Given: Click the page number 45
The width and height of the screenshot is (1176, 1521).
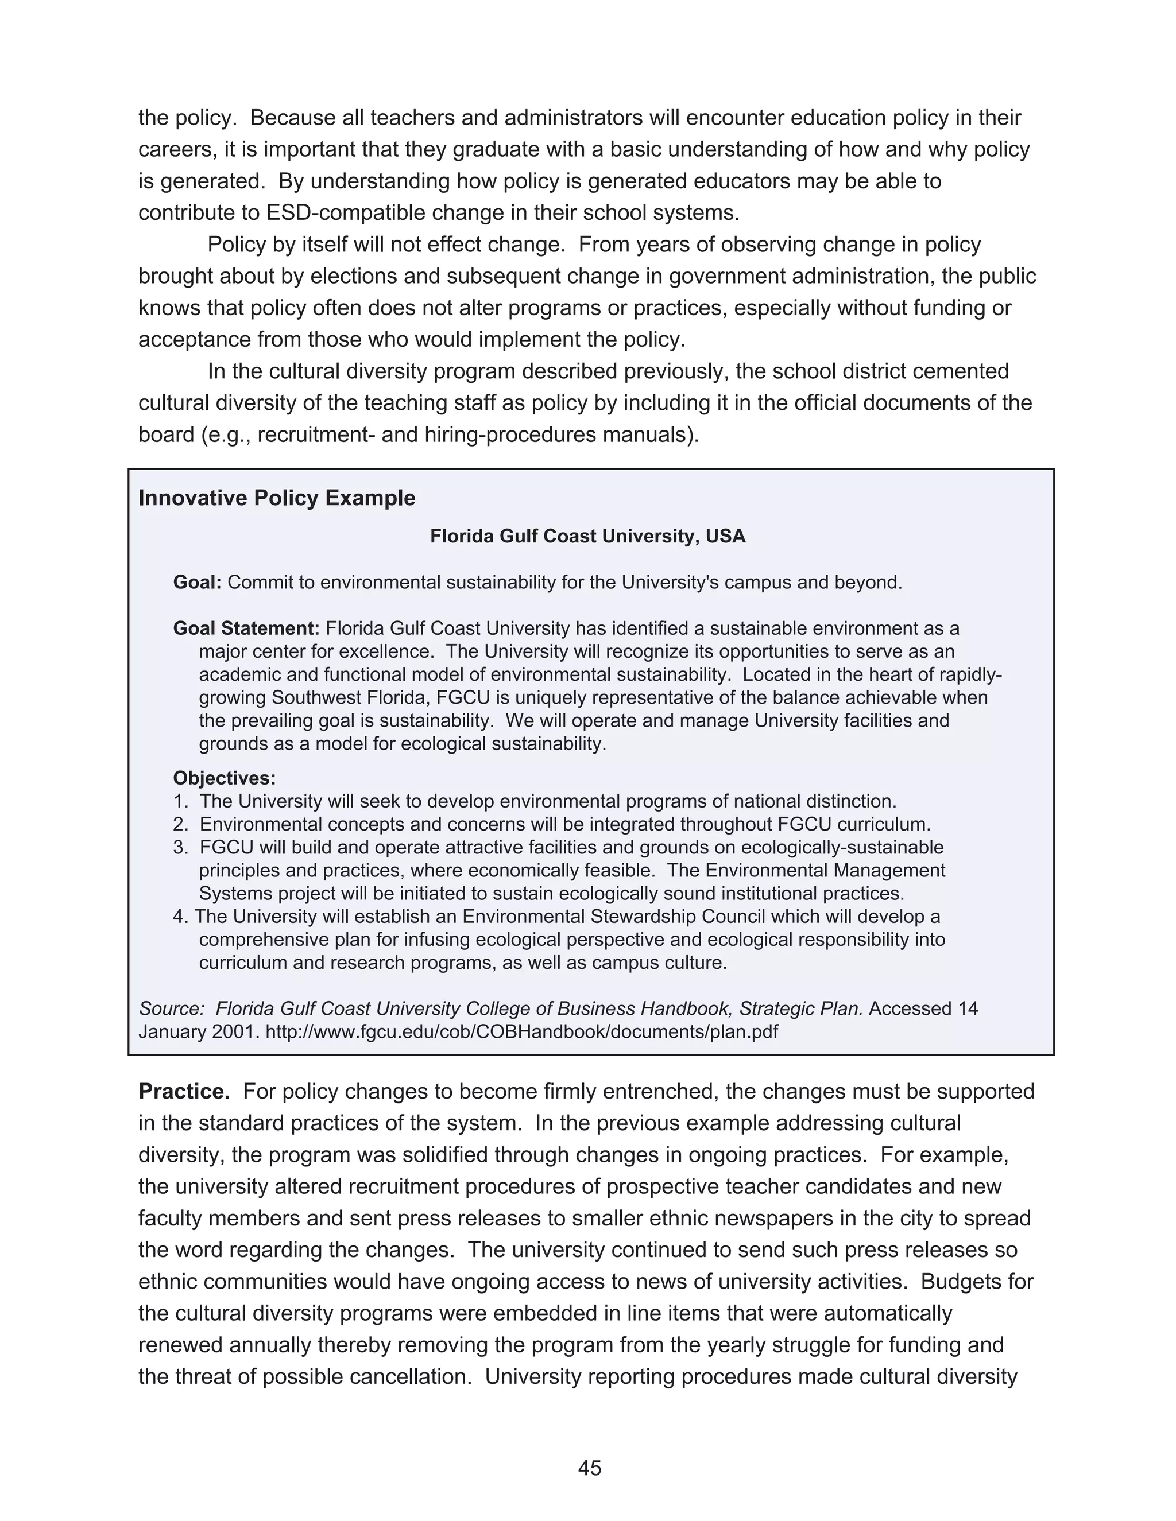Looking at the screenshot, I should click(x=589, y=1469).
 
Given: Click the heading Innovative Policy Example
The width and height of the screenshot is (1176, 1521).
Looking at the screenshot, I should click(x=277, y=498).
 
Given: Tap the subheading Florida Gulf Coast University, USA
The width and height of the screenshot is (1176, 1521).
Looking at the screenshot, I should click(x=587, y=536).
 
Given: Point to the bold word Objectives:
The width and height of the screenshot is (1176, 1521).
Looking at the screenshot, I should click(x=225, y=778).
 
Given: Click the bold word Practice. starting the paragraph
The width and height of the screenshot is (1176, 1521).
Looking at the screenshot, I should click(x=184, y=1091).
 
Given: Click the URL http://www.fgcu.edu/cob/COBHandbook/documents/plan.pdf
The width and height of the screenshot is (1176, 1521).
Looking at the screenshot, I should click(x=522, y=1031).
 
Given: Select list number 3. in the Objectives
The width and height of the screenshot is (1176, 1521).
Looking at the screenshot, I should click(x=180, y=848).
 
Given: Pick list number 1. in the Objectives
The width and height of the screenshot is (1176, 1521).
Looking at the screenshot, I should click(x=180, y=802).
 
